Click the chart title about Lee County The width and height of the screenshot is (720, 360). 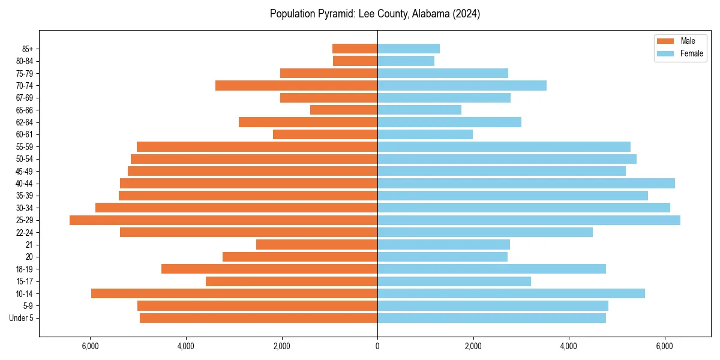tap(374, 14)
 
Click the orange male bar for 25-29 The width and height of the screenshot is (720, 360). tap(223, 220)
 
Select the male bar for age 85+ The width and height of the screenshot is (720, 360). tap(355, 49)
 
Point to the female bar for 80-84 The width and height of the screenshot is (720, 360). tap(406, 61)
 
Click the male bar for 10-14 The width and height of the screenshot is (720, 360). tap(234, 293)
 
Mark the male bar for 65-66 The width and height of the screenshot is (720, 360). tap(344, 110)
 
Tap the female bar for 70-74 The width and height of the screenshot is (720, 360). tap(462, 86)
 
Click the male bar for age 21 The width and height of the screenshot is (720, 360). tap(317, 245)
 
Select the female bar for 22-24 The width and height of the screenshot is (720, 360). tap(485, 232)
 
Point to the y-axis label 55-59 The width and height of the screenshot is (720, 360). tap(25, 147)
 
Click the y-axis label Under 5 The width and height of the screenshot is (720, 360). tap(22, 318)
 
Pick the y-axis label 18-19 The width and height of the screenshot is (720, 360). tap(25, 269)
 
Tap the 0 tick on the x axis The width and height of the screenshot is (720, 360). tap(377, 346)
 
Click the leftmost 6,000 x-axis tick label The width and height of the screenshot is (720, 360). tap(90, 346)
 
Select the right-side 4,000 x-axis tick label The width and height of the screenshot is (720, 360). tap(569, 346)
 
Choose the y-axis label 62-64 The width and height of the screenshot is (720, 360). tap(25, 122)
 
